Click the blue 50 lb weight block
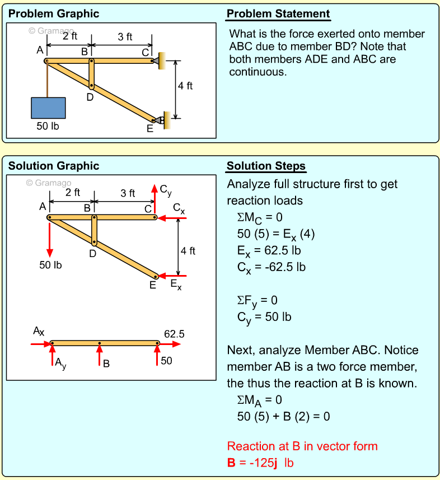click(x=48, y=108)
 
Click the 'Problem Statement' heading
click(x=278, y=14)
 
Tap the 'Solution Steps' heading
click(x=266, y=166)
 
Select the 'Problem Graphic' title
click(x=54, y=14)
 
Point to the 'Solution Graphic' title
click(x=54, y=166)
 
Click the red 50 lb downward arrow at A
click(x=50, y=238)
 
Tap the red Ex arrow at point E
click(x=172, y=276)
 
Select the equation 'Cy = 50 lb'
click(x=264, y=317)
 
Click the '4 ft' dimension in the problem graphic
click(x=185, y=86)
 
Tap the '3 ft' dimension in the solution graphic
click(x=128, y=193)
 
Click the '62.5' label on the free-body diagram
click(x=174, y=334)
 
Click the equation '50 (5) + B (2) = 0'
click(x=283, y=417)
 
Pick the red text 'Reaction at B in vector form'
click(x=302, y=446)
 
